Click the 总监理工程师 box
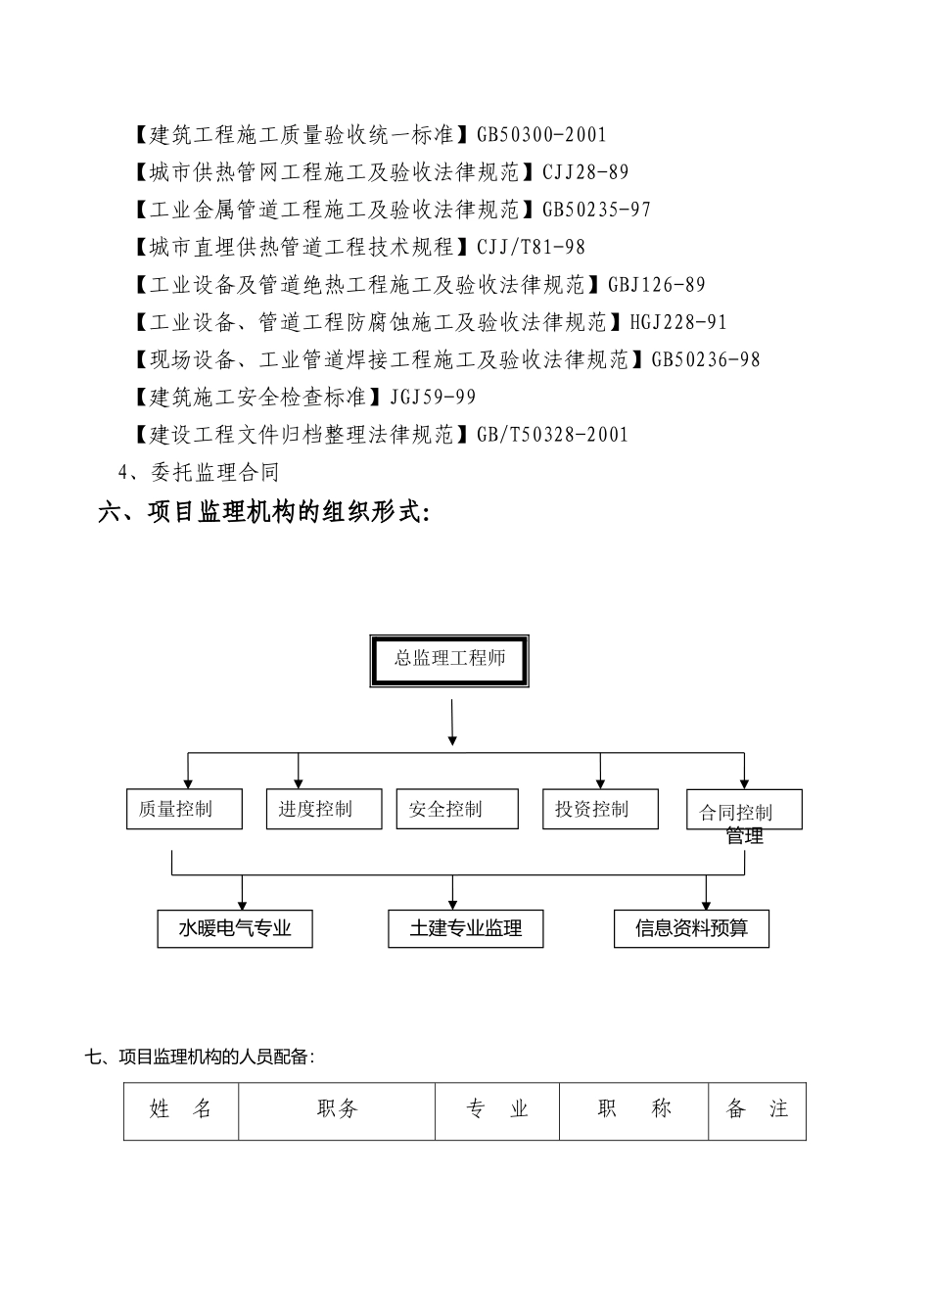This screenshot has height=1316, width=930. click(450, 661)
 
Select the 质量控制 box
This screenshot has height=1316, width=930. click(184, 809)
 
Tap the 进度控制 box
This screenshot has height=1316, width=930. click(323, 809)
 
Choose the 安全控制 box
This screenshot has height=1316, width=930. click(457, 809)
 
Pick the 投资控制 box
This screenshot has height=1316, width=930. click(600, 809)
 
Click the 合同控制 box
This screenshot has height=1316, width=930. click(744, 811)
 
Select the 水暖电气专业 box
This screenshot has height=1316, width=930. click(235, 928)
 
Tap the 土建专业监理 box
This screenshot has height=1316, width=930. click(466, 928)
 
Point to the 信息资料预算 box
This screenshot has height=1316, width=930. click(691, 928)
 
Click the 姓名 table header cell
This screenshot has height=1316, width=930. click(181, 1110)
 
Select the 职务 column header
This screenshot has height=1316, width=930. click(337, 1110)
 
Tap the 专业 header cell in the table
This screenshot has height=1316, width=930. click(497, 1110)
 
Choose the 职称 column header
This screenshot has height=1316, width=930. click(634, 1110)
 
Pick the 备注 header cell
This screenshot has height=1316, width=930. click(757, 1110)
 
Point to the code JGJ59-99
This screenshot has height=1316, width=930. click(433, 398)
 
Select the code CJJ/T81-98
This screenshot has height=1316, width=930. click(531, 248)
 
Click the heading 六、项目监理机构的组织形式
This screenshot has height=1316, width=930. click(263, 512)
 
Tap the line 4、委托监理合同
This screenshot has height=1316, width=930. click(199, 473)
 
